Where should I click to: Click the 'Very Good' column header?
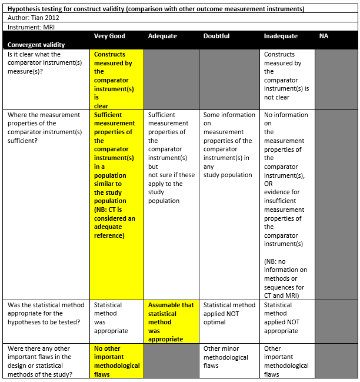(x=109, y=36)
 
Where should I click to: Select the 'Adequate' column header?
(x=162, y=36)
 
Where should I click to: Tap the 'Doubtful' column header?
(x=216, y=36)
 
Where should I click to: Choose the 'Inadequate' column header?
(x=281, y=36)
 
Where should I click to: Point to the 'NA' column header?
(x=324, y=36)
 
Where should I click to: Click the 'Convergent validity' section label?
(x=36, y=45)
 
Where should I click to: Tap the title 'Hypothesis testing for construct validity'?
(x=156, y=9)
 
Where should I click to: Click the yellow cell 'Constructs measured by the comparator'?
(x=114, y=80)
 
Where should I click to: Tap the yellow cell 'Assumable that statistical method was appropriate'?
(x=171, y=322)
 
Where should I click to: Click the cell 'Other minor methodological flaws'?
(x=226, y=357)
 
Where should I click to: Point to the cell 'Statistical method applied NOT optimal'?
(x=229, y=314)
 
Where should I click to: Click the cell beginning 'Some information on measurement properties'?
(x=229, y=145)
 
